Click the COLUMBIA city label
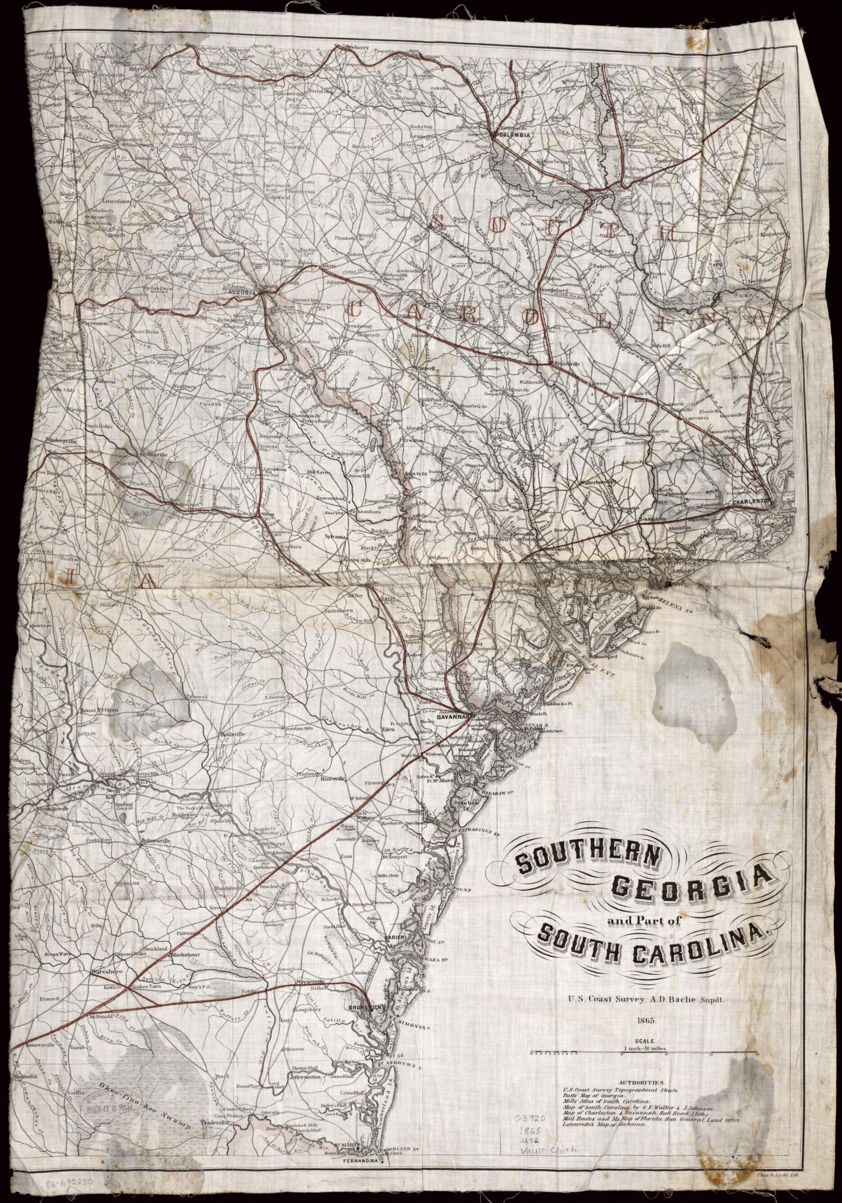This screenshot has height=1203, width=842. [x=516, y=135]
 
